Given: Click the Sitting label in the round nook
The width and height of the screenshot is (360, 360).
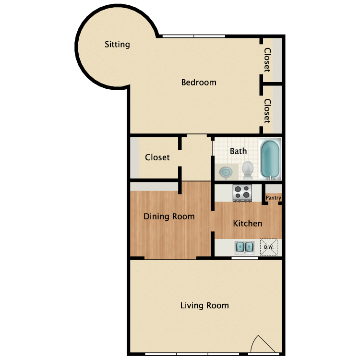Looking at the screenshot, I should [x=117, y=45].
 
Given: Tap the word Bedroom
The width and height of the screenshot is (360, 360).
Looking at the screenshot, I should [x=199, y=83].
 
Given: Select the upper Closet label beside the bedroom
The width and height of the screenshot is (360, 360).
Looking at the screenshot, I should [x=267, y=60].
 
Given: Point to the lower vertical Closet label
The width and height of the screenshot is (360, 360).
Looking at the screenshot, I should [x=267, y=111].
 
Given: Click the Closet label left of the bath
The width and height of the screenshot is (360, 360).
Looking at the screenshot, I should [x=157, y=157].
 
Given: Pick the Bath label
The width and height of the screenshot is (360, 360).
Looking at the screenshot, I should [x=238, y=151].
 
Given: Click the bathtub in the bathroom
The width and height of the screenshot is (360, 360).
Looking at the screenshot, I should [x=270, y=158].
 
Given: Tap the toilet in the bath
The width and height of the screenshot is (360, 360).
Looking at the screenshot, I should [x=248, y=168].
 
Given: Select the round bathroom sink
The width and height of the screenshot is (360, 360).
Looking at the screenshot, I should [x=225, y=170].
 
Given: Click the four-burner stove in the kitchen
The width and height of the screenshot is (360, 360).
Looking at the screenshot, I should [x=242, y=193].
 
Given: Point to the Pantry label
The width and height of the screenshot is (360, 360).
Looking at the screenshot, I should [x=274, y=198].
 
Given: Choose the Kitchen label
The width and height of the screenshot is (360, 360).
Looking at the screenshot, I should [x=248, y=224].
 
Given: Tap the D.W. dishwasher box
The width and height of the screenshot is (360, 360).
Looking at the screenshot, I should [x=269, y=247].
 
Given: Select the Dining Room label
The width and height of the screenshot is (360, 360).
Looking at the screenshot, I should [x=169, y=216].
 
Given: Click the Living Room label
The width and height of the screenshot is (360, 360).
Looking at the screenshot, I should [x=204, y=305].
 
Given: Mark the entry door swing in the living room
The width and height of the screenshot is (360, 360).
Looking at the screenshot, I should [x=261, y=344].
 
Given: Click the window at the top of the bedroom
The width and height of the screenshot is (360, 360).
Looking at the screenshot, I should [x=193, y=36].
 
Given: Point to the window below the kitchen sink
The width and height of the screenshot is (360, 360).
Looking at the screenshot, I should [x=245, y=258].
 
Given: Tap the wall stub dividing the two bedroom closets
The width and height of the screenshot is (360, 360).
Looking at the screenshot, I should [x=271, y=84].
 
